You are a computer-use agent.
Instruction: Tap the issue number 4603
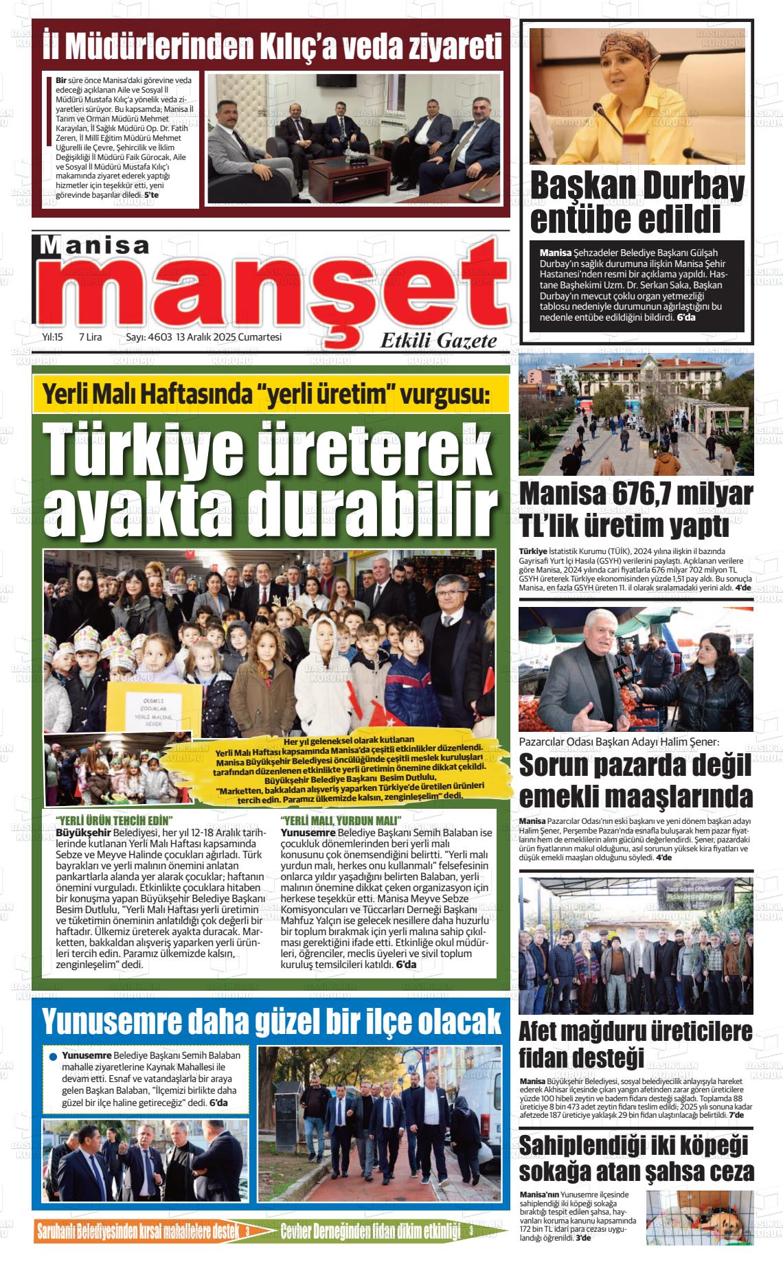[x=159, y=337]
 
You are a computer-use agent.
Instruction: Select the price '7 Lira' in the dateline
[x=90, y=337]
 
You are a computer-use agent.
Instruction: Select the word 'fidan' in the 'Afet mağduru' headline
[x=552, y=1058]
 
